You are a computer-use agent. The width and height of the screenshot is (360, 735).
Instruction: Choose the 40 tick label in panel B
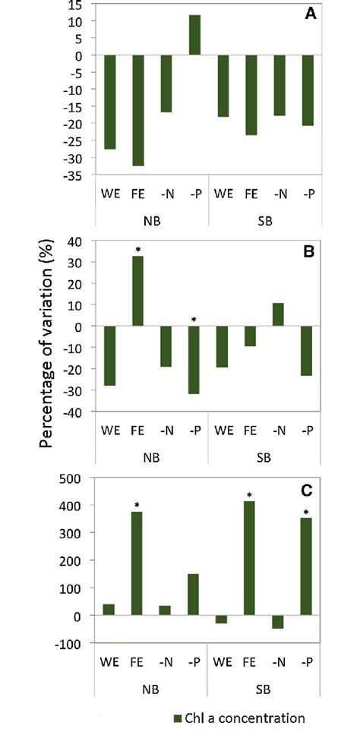pos(74,241)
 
